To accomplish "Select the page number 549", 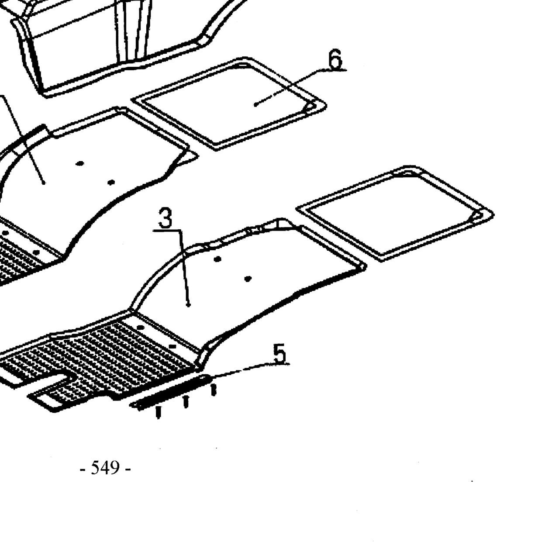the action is [105, 468].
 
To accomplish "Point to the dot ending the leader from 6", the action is [255, 105].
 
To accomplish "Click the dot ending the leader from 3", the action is [189, 305].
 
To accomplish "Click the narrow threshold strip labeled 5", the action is [171, 392].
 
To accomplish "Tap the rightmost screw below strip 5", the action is [213, 390].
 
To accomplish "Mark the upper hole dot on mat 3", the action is [218, 259].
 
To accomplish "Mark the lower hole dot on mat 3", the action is [248, 279].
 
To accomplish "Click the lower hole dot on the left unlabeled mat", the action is [111, 182].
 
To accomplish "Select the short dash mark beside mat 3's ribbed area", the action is [173, 346].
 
